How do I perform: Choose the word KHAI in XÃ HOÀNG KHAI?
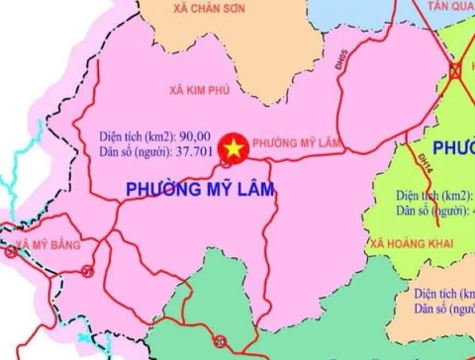pyautogui.click(x=442, y=241)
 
